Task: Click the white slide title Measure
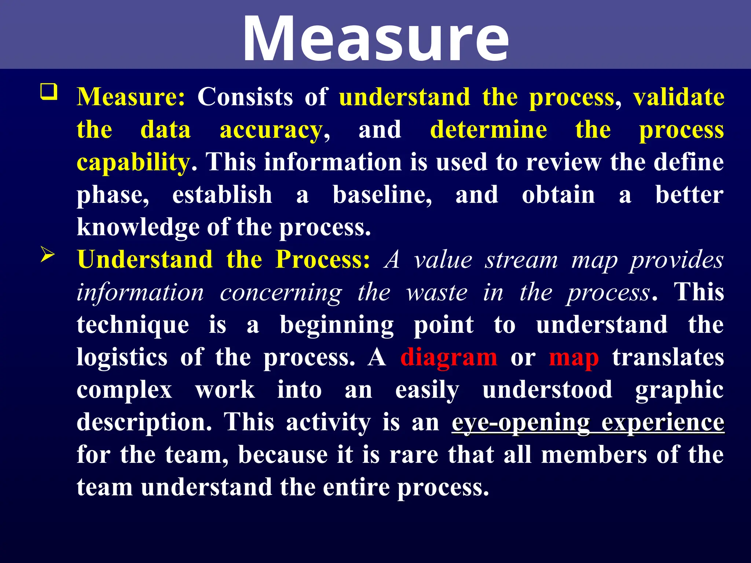(375, 38)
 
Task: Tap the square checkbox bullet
(49, 92)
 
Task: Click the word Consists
(245, 97)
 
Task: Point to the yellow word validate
(678, 97)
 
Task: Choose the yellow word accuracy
(271, 130)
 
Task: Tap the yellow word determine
(488, 130)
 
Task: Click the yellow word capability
(133, 162)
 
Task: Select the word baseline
(382, 195)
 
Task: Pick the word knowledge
(138, 227)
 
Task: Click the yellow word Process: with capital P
(323, 260)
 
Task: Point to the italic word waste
(437, 293)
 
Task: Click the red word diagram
(448, 357)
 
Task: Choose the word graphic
(679, 390)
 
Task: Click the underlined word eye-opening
(521, 423)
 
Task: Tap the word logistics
(122, 357)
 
